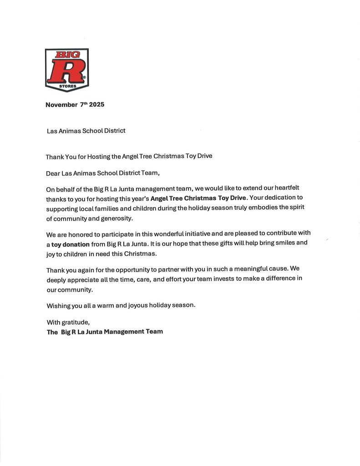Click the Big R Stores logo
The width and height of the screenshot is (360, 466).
(67, 70)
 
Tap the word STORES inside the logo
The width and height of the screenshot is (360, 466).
(67, 86)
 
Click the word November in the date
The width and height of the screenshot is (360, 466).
(61, 105)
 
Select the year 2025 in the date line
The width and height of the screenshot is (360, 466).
(96, 105)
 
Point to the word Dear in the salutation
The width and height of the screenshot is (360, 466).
(53, 173)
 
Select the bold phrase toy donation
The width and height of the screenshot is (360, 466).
(71, 244)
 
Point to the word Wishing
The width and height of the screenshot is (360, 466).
(59, 305)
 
